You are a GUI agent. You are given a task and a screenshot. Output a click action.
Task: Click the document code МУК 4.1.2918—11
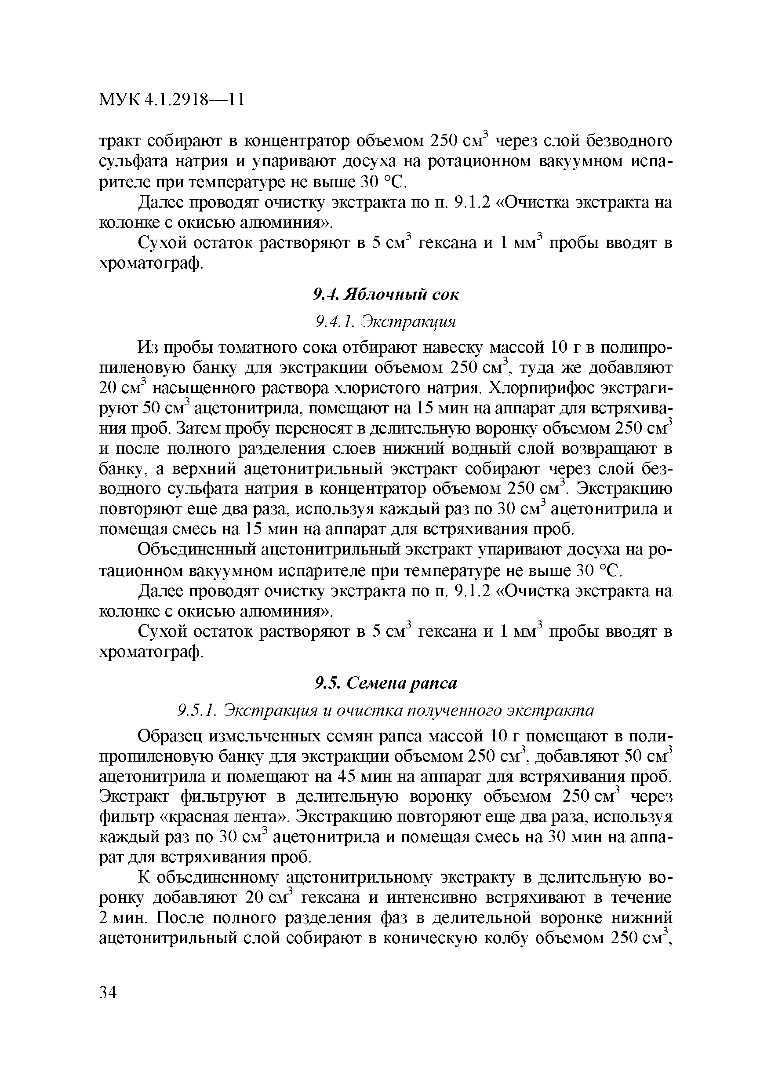(171, 100)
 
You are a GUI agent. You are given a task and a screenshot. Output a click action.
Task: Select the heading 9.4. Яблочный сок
(386, 295)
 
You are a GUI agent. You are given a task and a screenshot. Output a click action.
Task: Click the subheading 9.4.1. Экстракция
(386, 322)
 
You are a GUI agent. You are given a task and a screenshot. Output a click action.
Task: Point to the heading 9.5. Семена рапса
(386, 683)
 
